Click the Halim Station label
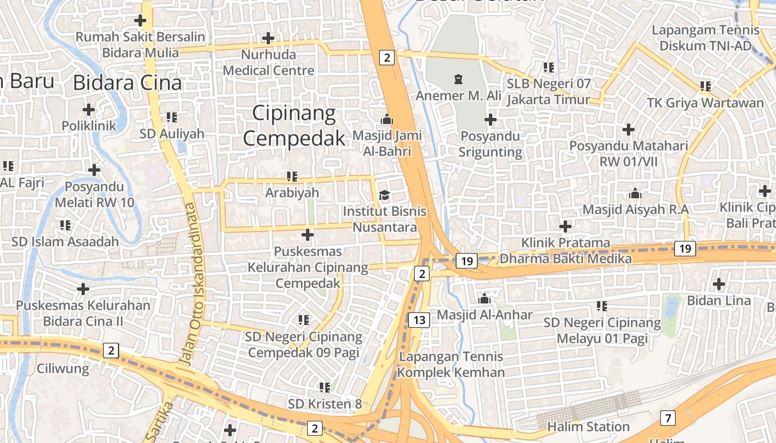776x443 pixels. pyautogui.click(x=588, y=427)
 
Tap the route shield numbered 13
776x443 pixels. pyautogui.click(x=419, y=320)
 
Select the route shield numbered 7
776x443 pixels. pyautogui.click(x=668, y=418)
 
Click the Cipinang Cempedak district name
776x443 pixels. pyautogui.click(x=294, y=126)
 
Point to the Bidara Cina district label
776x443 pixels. pyautogui.click(x=127, y=83)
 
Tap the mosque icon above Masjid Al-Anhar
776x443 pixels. pyautogui.click(x=484, y=298)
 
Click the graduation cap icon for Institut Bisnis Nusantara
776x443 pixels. pyautogui.click(x=384, y=195)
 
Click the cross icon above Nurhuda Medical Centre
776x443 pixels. pyautogui.click(x=268, y=38)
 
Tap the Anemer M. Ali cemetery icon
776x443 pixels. pyautogui.click(x=458, y=79)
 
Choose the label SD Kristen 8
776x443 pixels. pyautogui.click(x=325, y=404)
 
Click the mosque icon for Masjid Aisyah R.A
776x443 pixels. pyautogui.click(x=635, y=193)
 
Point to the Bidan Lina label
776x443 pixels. pyautogui.click(x=718, y=301)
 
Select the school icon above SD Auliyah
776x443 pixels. pyautogui.click(x=172, y=117)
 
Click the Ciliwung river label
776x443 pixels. pyautogui.click(x=63, y=369)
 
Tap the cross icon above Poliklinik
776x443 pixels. pyautogui.click(x=89, y=109)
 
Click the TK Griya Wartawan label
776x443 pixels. pyautogui.click(x=705, y=103)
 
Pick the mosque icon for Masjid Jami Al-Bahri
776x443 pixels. pyautogui.click(x=387, y=119)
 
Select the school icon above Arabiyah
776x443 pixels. pyautogui.click(x=292, y=177)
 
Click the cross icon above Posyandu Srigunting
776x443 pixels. pyautogui.click(x=490, y=120)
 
